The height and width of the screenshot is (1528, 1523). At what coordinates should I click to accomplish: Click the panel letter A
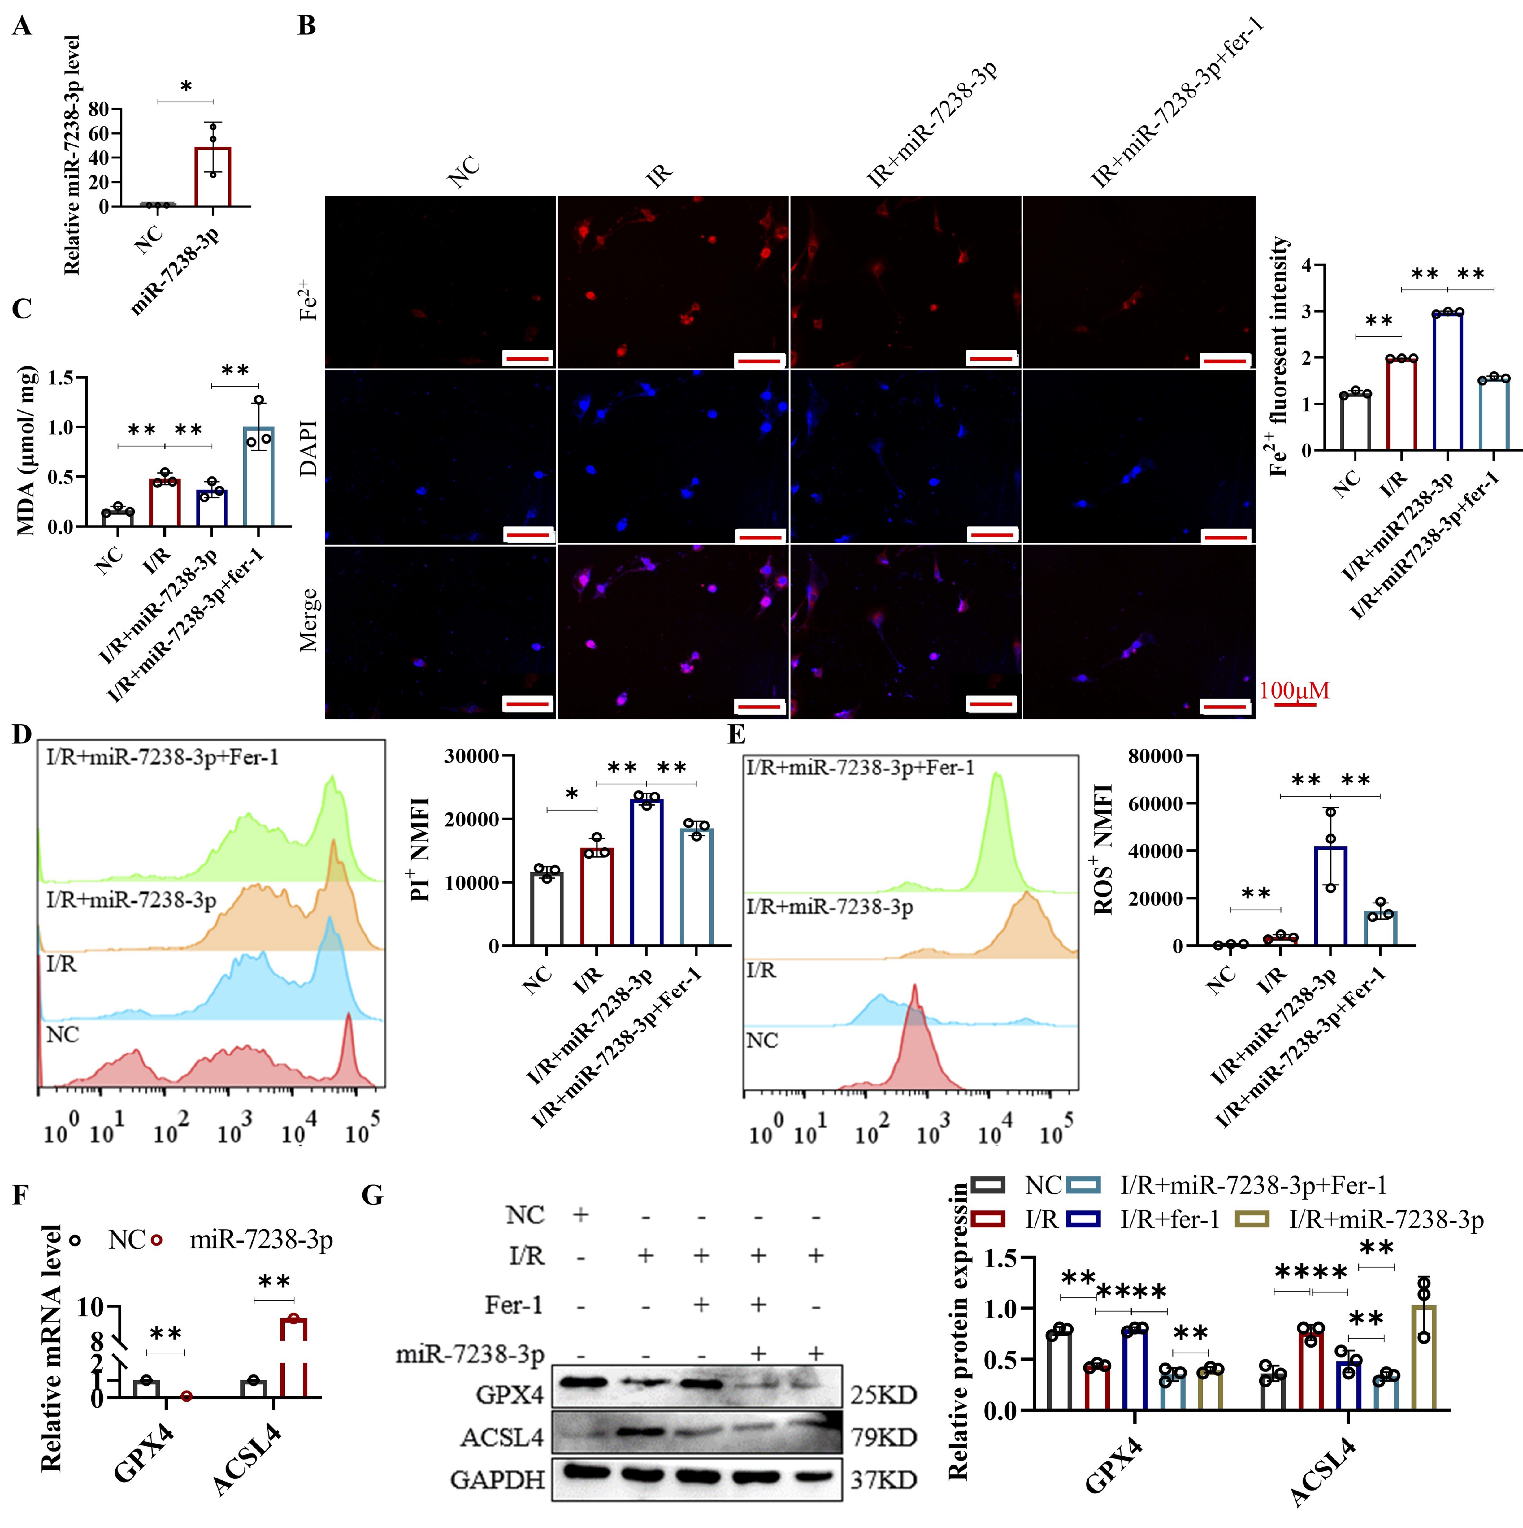22,27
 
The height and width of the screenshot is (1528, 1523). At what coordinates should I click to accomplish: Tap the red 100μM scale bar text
1294,690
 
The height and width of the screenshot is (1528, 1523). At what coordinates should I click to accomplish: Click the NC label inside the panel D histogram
63,1034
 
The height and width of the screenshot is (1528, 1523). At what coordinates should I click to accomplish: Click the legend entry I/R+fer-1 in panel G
1169,1220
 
